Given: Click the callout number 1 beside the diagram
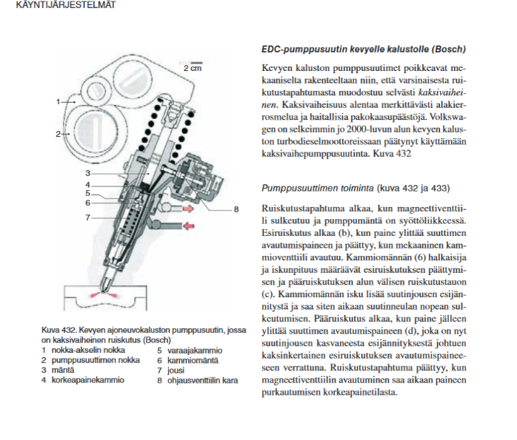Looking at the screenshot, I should pyautogui.click(x=57, y=100).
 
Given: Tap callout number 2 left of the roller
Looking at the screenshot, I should pyautogui.click(x=57, y=134).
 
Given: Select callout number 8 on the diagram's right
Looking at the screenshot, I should pyautogui.click(x=236, y=210).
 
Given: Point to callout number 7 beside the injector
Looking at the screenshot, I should pyautogui.click(x=87, y=218).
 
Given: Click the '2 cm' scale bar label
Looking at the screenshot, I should pyautogui.click(x=192, y=67).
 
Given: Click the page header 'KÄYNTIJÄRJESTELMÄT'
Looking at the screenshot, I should pyautogui.click(x=49, y=5).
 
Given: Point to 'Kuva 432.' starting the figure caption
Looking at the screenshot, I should pyautogui.click(x=59, y=327).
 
